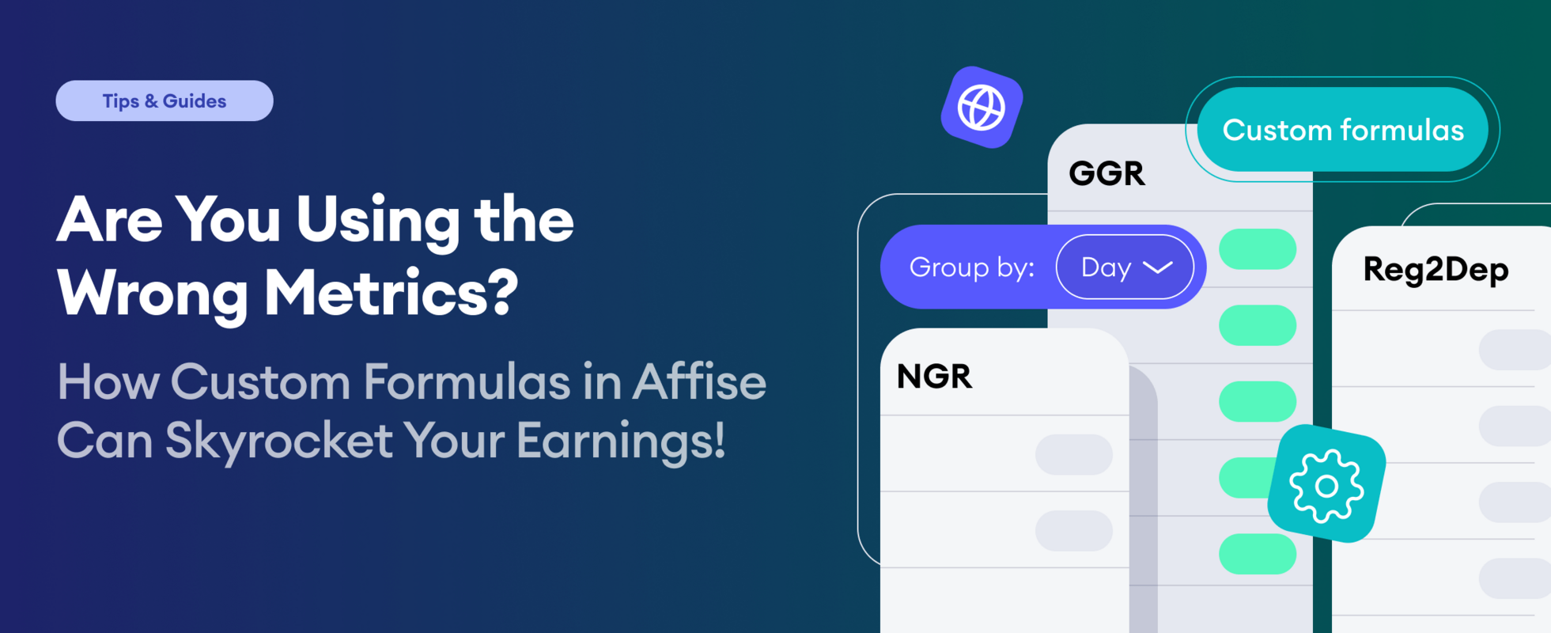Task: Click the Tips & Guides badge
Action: pyautogui.click(x=165, y=100)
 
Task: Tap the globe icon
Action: pyautogui.click(x=982, y=108)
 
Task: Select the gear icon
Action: pyautogui.click(x=1326, y=484)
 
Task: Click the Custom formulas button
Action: pyautogui.click(x=1342, y=130)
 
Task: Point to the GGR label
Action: pyautogui.click(x=1107, y=173)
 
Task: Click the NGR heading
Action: pyautogui.click(x=934, y=376)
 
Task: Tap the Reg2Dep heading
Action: pyautogui.click(x=1436, y=270)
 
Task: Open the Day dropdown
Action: pyautogui.click(x=1124, y=267)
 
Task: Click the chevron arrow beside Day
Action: pyautogui.click(x=1158, y=267)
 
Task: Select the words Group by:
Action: pyautogui.click(x=971, y=267)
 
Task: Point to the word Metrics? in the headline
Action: pyautogui.click(x=391, y=294)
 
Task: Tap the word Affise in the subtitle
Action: pyautogui.click(x=698, y=382)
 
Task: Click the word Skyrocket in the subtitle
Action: pyautogui.click(x=278, y=441)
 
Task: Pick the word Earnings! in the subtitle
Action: pyautogui.click(x=620, y=441)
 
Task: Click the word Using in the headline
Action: pyautogui.click(x=377, y=221)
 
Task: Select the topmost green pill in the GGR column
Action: pyautogui.click(x=1257, y=248)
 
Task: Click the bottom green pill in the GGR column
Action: pyautogui.click(x=1257, y=553)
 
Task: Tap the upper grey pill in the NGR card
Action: pyautogui.click(x=1073, y=454)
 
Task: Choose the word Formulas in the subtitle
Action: pyautogui.click(x=467, y=382)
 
